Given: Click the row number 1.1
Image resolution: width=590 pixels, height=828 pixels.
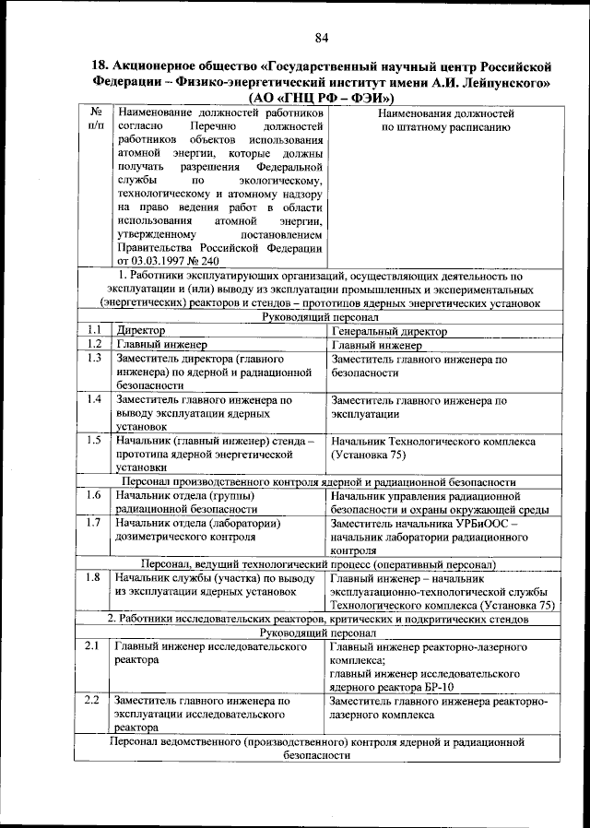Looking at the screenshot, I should click(93, 330).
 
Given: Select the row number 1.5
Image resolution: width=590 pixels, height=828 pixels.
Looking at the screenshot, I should click(93, 440).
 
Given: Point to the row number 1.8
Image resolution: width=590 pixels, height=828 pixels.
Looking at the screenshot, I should click(93, 577).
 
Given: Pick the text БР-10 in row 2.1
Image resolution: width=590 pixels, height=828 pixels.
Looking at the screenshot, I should click(438, 686).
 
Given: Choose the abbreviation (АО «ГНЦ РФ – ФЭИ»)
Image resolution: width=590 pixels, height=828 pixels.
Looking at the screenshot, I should click(321, 98).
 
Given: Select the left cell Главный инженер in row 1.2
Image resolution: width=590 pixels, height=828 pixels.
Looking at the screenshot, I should click(153, 345).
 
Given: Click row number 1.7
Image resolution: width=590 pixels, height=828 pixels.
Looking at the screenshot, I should click(93, 523).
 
